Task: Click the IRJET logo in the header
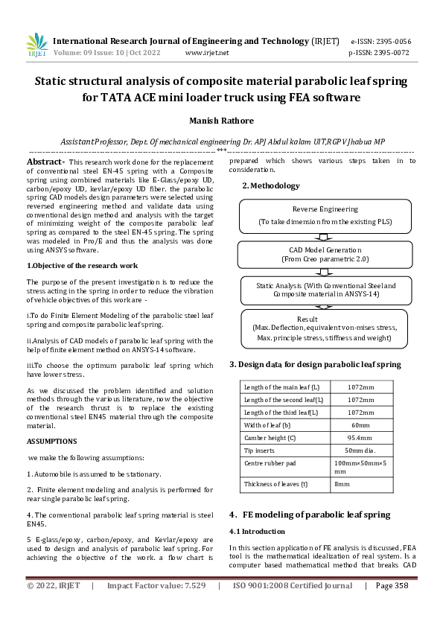click(x=36, y=45)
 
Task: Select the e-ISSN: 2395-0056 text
click(x=380, y=41)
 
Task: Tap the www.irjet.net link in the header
click(x=206, y=53)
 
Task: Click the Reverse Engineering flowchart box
click(x=325, y=215)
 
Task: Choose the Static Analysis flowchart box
click(x=325, y=290)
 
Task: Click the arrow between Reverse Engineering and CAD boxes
click(x=325, y=235)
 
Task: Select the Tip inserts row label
click(x=260, y=451)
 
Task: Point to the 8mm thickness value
click(x=342, y=484)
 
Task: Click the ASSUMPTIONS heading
click(x=52, y=441)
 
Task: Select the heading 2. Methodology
click(x=271, y=185)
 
